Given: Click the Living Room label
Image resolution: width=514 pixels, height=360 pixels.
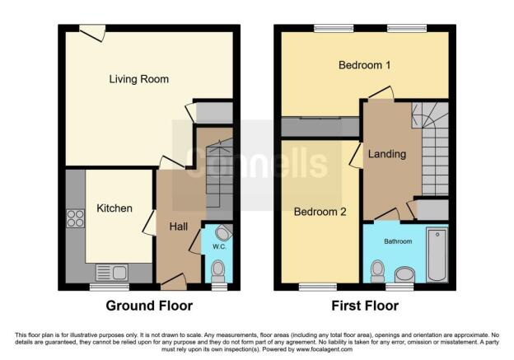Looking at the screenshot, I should tap(138, 80).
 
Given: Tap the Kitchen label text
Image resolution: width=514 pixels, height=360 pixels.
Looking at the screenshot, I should tap(114, 208).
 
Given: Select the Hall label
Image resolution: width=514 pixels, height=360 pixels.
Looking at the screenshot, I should tap(179, 226).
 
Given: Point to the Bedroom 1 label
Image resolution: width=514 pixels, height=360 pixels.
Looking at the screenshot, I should tap(363, 65).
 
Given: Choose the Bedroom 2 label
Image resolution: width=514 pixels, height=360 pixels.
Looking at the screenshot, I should tap(320, 212).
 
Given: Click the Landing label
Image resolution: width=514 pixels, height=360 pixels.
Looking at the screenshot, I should tap(386, 154).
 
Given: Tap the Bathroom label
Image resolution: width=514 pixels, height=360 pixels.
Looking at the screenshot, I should tap(395, 241).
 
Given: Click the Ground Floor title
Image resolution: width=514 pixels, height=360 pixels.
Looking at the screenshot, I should tap(150, 306).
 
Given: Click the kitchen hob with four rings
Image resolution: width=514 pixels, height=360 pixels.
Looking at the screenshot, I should tap(76, 218).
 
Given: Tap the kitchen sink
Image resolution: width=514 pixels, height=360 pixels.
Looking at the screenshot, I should tap(109, 272).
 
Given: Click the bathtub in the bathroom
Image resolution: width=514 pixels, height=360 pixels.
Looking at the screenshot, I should tap(436, 254).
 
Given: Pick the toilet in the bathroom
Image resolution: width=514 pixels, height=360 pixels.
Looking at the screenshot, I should tap(378, 269).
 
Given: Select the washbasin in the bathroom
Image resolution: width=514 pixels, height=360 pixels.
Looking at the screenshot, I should tap(405, 274).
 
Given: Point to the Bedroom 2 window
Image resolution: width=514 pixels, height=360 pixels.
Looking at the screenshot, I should tap(312, 287).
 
